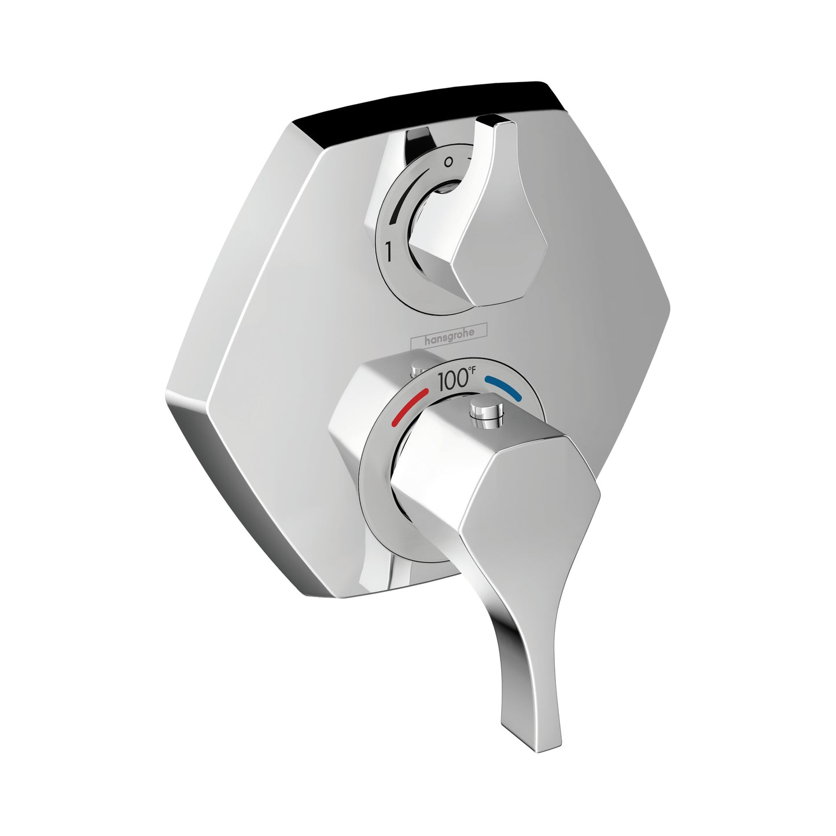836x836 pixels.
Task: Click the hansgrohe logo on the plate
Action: click(449, 341)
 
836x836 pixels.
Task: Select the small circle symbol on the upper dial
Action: click(448, 163)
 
